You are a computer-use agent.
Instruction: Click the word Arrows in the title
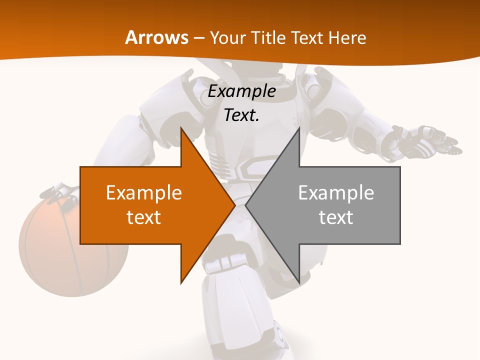coord(156,37)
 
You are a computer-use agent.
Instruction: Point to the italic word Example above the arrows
coord(241,91)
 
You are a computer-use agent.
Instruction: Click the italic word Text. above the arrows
coord(241,115)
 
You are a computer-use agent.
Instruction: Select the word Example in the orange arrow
coord(144,192)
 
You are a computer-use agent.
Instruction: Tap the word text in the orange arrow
coord(144,217)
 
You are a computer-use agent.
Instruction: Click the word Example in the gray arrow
coord(336,192)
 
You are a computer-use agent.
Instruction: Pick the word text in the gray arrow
coord(336,217)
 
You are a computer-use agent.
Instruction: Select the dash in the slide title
coord(198,38)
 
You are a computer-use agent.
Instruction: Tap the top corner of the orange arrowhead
coord(181,129)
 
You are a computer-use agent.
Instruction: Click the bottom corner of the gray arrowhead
coord(299,282)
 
